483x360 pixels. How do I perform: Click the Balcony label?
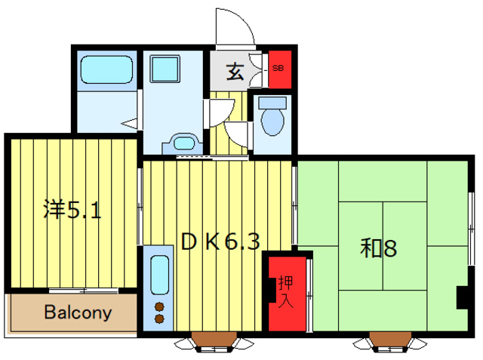click(77, 312)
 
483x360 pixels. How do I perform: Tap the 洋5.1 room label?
click(72, 210)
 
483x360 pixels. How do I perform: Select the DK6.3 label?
click(220, 242)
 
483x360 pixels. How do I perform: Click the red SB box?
click(278, 69)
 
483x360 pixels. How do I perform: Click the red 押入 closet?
click(286, 291)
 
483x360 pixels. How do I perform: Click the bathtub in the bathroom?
click(107, 70)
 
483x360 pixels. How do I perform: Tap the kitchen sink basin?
click(159, 276)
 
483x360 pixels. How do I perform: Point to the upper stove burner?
click(159, 306)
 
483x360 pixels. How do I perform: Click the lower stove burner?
click(159, 319)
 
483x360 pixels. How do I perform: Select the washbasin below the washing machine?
click(183, 143)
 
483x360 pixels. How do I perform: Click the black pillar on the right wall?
click(462, 297)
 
